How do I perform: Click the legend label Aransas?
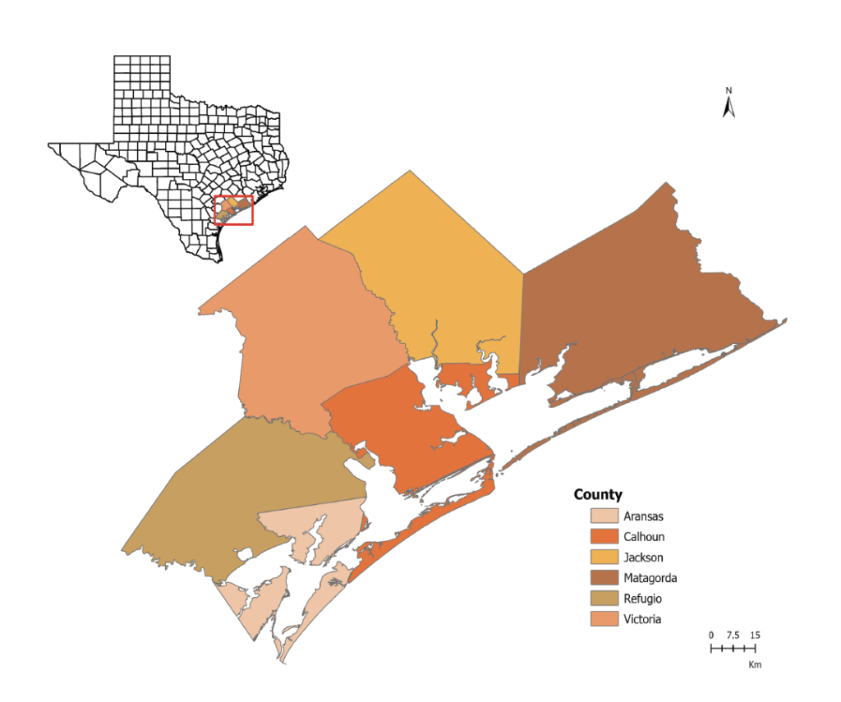point(643,516)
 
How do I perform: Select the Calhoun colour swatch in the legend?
point(604,537)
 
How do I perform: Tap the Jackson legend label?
point(643,557)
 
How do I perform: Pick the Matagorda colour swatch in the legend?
point(604,578)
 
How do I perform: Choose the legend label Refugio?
point(642,599)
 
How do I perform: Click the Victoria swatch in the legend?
point(604,619)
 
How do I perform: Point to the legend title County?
point(598,494)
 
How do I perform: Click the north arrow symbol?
point(728,107)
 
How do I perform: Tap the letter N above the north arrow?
point(728,89)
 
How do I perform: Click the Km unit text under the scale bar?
point(755,664)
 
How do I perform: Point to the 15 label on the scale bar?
point(755,635)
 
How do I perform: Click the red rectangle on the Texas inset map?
point(233,211)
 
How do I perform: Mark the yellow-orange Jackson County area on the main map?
point(443,271)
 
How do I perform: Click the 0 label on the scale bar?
point(712,635)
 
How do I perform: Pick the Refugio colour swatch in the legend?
point(604,599)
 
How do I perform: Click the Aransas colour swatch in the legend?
point(604,516)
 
